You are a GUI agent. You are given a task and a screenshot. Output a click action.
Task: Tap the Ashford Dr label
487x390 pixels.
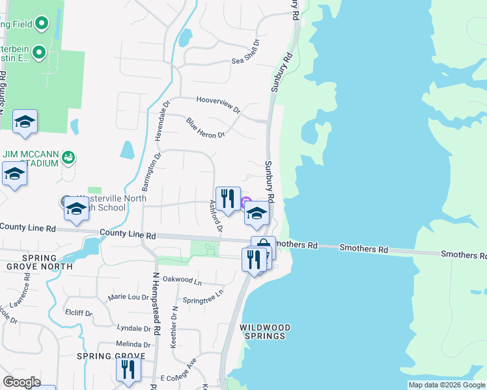[x=216, y=216]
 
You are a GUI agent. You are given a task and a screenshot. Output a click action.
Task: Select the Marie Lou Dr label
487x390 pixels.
[x=129, y=297]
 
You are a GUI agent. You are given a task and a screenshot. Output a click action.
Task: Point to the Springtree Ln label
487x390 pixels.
[x=202, y=297]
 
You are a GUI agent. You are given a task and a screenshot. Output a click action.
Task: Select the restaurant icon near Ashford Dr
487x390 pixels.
[x=227, y=198]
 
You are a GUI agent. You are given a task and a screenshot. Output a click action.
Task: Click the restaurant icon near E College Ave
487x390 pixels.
[x=128, y=369]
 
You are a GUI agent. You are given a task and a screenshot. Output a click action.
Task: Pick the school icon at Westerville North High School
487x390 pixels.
[x=76, y=208]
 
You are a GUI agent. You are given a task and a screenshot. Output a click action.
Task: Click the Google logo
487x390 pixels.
[x=21, y=382]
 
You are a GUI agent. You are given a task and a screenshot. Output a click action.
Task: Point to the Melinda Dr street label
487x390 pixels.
[x=133, y=344]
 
